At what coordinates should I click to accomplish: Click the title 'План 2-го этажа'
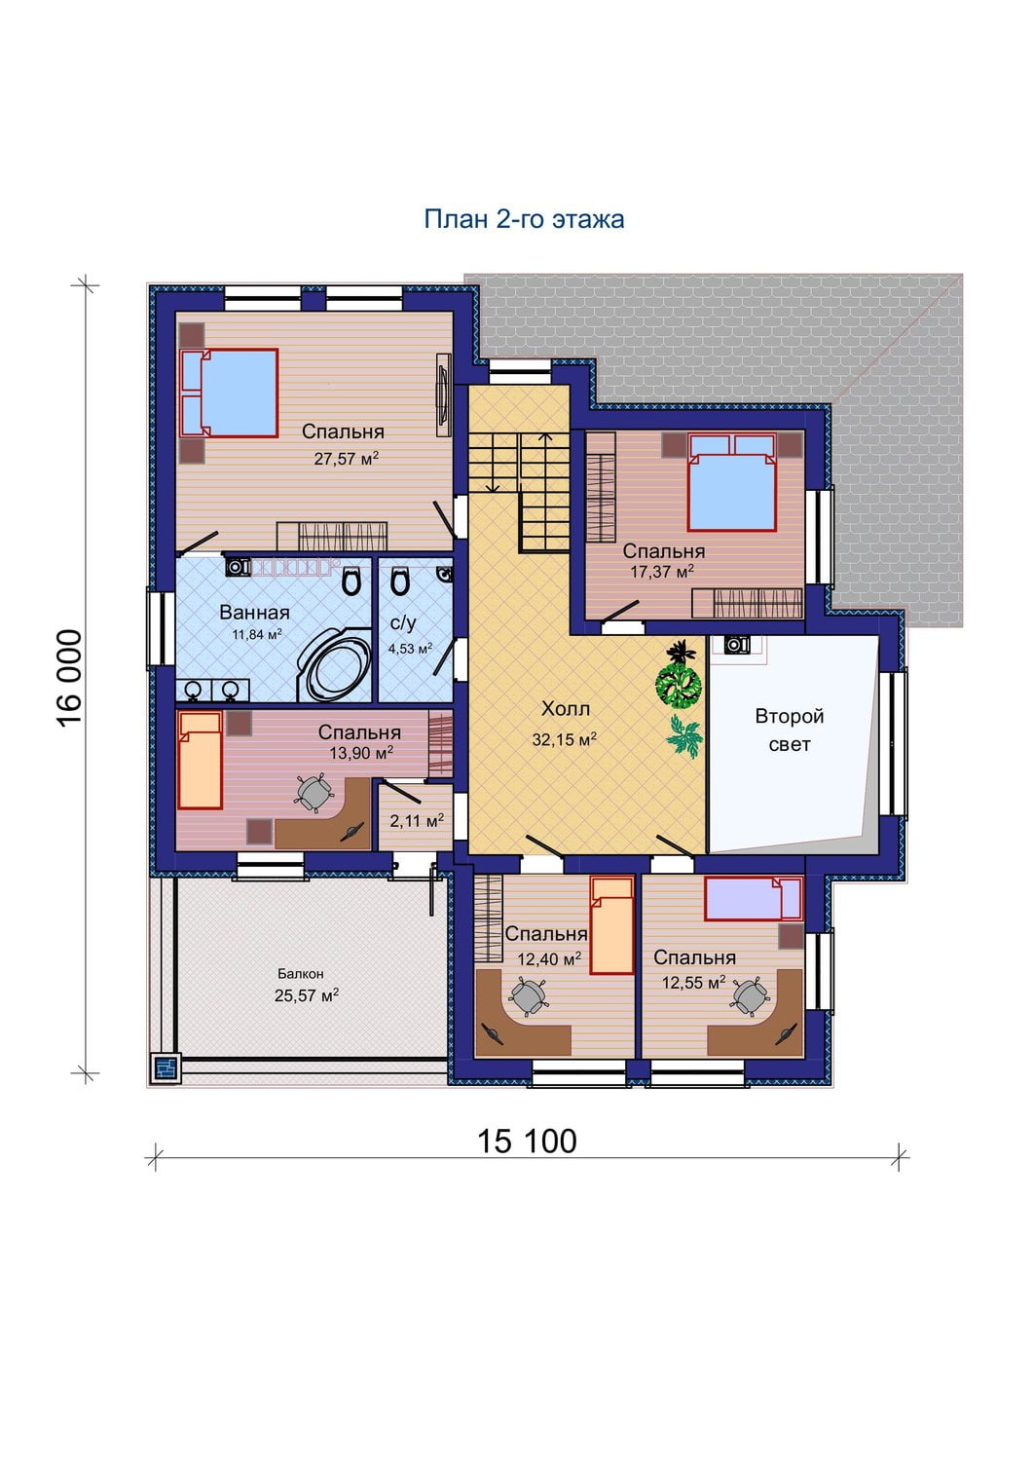click(524, 219)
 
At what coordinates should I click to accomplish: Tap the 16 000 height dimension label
click(70, 678)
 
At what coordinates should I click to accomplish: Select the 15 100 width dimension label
click(527, 1142)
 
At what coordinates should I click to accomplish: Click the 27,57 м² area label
click(347, 458)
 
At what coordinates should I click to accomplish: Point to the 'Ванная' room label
click(254, 613)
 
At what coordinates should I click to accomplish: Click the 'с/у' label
click(403, 623)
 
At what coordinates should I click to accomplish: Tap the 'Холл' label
click(566, 708)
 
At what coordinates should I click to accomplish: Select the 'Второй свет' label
click(789, 730)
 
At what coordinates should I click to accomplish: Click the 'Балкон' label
click(301, 974)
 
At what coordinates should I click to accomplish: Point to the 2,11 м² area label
click(417, 820)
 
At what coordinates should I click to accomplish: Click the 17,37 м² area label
click(661, 572)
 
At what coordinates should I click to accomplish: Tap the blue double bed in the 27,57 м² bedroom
click(229, 393)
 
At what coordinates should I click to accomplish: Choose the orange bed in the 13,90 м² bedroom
click(201, 760)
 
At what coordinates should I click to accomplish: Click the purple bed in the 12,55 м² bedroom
click(754, 899)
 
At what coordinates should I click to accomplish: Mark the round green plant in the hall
click(679, 684)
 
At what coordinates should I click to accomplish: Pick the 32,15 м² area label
click(565, 739)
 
